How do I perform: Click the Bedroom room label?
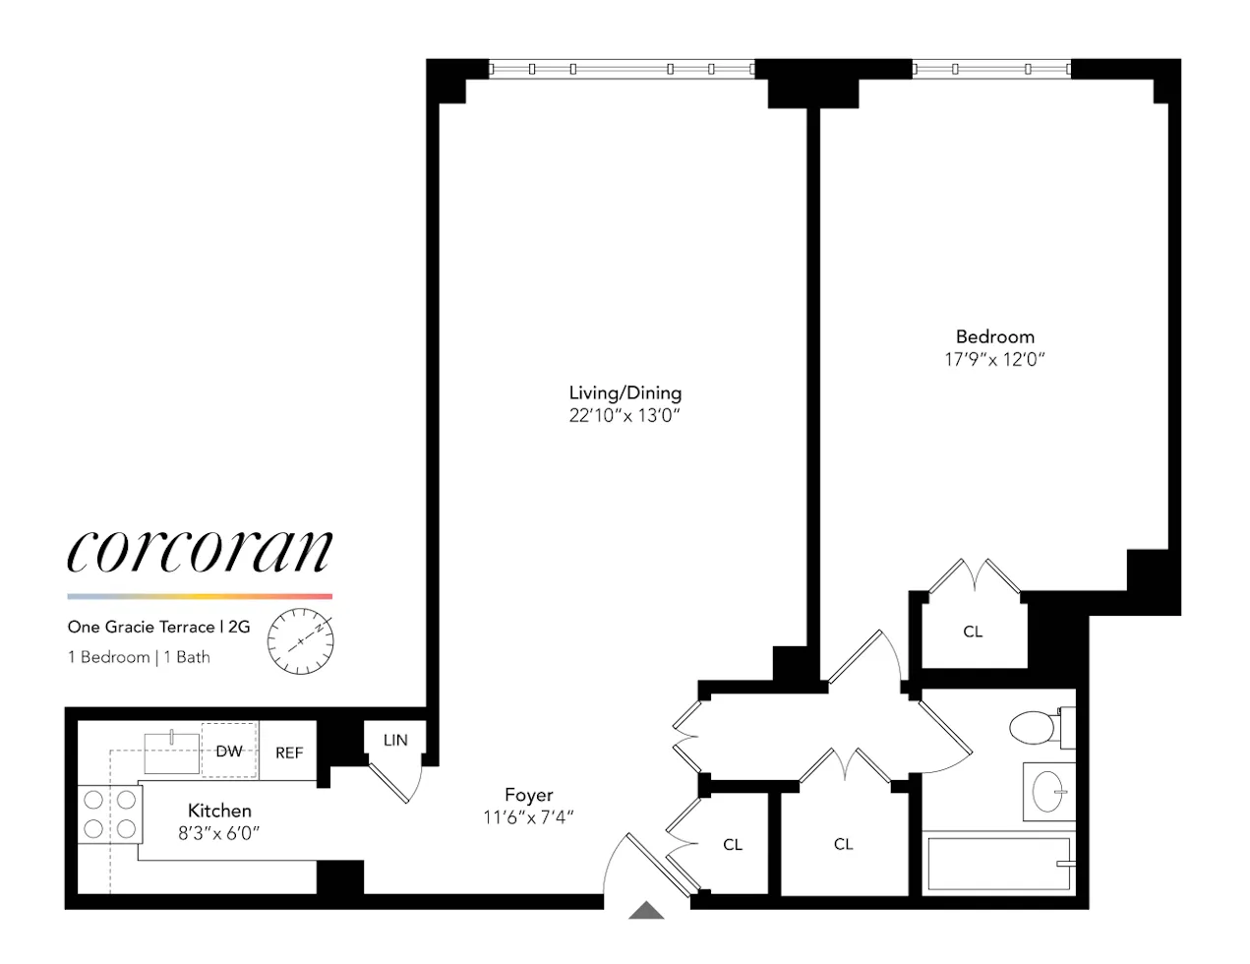click(994, 336)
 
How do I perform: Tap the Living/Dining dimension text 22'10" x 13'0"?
click(625, 415)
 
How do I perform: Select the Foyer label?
click(528, 795)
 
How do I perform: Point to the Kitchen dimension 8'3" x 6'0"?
click(219, 833)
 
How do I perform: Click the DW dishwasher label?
click(229, 752)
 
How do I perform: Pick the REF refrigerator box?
click(289, 753)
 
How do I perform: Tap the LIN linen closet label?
click(395, 740)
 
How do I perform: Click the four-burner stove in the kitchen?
click(109, 814)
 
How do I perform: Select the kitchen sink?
click(172, 753)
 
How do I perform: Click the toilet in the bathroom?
click(1036, 728)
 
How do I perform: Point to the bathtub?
click(998, 864)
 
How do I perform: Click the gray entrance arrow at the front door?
click(646, 911)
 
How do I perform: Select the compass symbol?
click(301, 641)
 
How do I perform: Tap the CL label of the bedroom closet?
click(973, 632)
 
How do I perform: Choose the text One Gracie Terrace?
click(141, 627)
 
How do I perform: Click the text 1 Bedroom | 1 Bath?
click(139, 657)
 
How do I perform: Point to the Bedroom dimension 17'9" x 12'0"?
click(994, 360)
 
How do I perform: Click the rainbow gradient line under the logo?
click(200, 596)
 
